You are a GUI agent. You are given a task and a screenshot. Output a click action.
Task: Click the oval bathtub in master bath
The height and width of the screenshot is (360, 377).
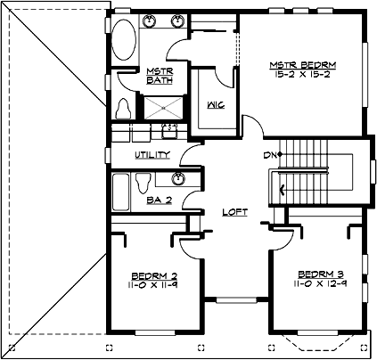click(x=124, y=40)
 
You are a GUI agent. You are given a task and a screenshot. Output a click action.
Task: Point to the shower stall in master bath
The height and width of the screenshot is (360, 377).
click(x=160, y=107)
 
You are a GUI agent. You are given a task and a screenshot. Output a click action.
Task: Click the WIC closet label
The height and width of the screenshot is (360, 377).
click(x=215, y=104)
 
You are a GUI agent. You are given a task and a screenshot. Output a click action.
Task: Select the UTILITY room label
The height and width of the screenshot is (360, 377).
click(x=152, y=155)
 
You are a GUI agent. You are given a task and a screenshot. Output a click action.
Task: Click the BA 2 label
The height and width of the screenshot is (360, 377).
click(x=159, y=200)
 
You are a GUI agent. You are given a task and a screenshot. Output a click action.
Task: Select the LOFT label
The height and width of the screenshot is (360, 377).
click(x=234, y=212)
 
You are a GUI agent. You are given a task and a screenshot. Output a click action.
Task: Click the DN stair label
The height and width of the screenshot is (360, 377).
click(x=269, y=156)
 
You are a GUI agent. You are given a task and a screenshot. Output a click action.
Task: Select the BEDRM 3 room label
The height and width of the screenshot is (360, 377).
click(x=316, y=274)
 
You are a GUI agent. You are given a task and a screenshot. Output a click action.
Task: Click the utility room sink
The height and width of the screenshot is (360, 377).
click(x=167, y=134)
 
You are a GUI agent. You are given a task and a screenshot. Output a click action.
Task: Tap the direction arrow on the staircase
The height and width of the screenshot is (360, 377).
click(x=283, y=188)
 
